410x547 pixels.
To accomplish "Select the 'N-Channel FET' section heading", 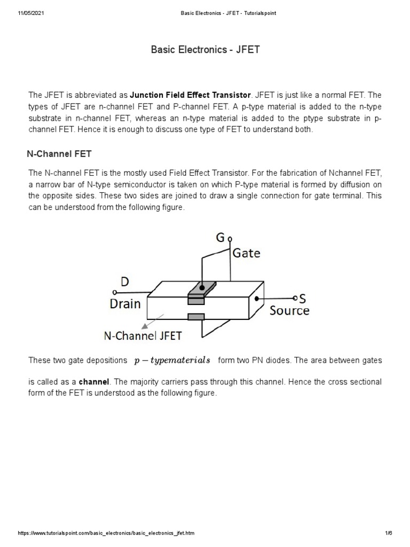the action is click(x=59, y=154).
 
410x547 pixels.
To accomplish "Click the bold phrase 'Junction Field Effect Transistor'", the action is click(x=191, y=95).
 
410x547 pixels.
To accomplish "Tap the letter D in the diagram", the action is click(x=124, y=282).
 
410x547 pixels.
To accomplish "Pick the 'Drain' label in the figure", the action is click(x=125, y=304).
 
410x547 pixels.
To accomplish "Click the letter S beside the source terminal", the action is click(x=302, y=299).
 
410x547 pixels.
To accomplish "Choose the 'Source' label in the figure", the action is click(x=289, y=310).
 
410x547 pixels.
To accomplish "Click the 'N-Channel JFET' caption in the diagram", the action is click(x=143, y=335).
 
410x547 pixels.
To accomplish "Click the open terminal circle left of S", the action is click(x=296, y=298).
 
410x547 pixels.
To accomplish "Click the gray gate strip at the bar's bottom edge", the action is click(x=196, y=317).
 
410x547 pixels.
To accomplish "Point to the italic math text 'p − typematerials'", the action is click(x=172, y=361).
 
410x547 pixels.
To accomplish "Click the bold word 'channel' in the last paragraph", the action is click(x=94, y=382).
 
